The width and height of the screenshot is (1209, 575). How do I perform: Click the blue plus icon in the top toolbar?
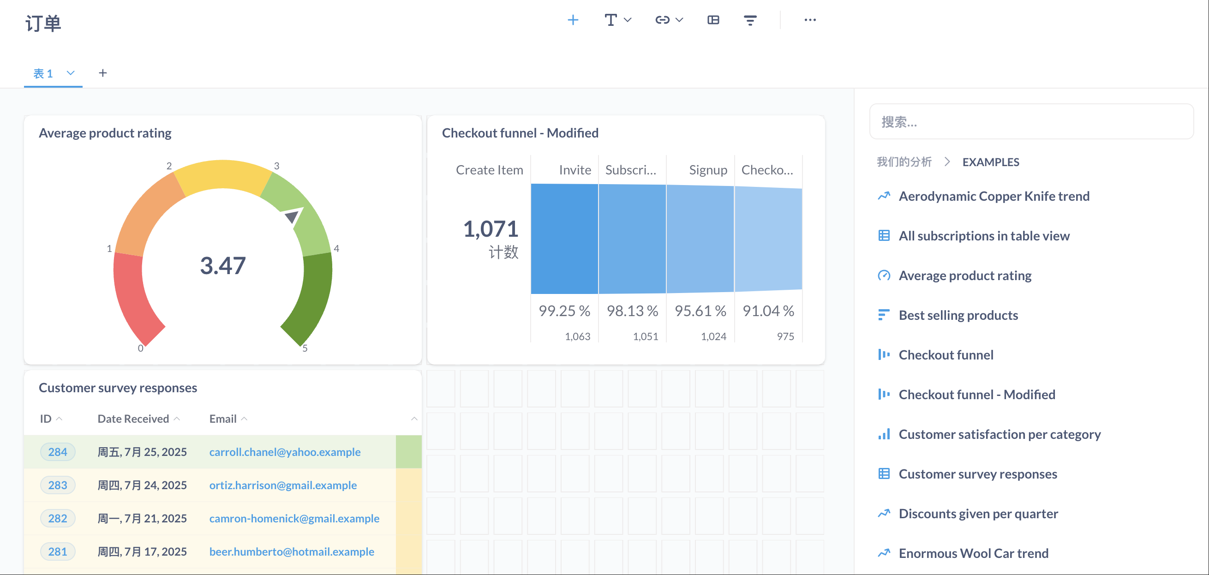(573, 20)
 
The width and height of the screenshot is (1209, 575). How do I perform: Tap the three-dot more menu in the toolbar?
(810, 20)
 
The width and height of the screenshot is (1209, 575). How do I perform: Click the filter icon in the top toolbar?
(750, 20)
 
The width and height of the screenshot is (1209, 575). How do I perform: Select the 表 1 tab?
(43, 73)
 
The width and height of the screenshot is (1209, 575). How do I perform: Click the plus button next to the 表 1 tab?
(103, 73)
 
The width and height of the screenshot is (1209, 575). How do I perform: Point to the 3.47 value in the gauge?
(223, 265)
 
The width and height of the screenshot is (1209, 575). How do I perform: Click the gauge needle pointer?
(293, 216)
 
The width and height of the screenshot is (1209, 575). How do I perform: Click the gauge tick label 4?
(336, 248)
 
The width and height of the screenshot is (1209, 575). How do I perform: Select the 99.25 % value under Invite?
(564, 311)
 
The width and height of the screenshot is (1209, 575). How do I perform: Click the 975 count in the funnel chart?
(785, 336)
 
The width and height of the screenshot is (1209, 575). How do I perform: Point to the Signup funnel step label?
(708, 170)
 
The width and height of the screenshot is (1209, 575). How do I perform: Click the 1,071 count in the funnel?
(491, 229)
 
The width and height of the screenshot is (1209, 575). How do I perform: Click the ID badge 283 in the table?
(58, 485)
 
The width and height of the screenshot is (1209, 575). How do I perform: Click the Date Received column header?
(133, 419)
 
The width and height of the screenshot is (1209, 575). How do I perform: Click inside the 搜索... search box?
(1031, 121)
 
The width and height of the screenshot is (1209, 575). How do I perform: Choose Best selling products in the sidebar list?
(958, 315)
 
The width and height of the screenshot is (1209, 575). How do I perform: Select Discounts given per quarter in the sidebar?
(979, 514)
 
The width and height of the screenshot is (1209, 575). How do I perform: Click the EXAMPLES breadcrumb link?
(991, 162)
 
